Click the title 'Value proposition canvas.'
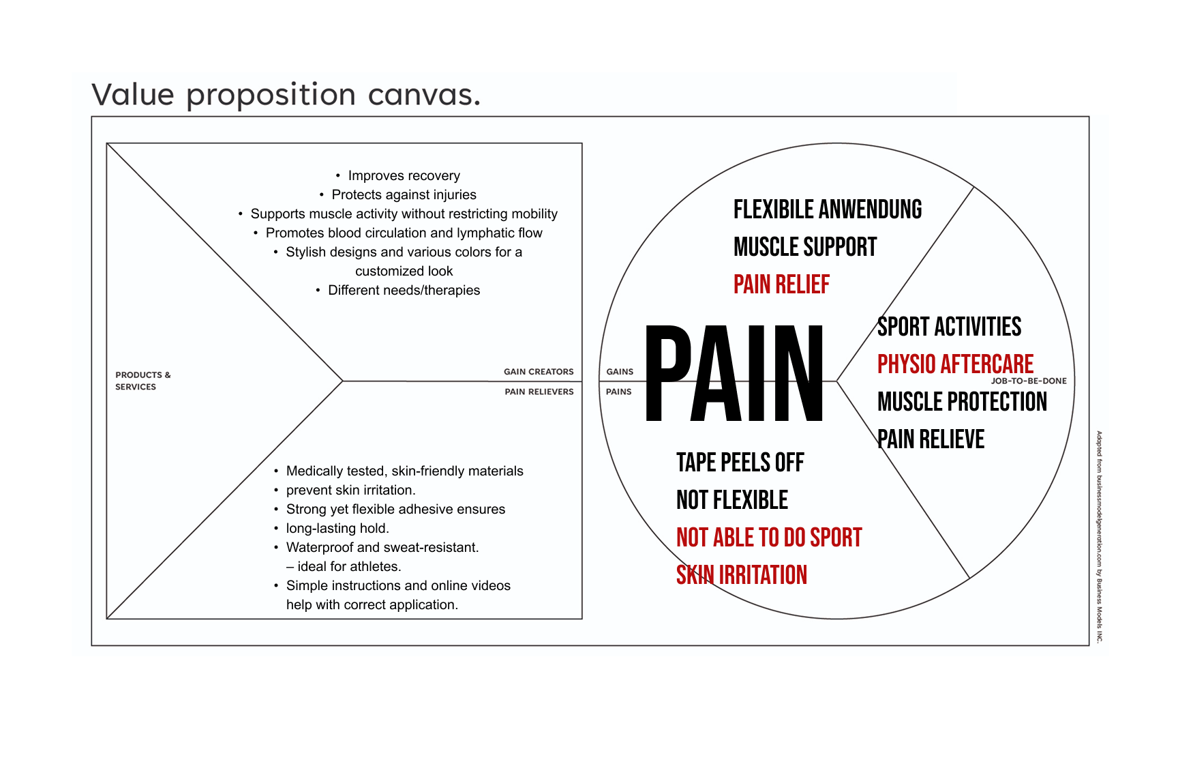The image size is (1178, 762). click(x=286, y=95)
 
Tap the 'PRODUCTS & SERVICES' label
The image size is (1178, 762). click(x=142, y=381)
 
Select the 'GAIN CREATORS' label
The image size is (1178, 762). click(x=539, y=372)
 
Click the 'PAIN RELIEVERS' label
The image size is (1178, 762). click(x=539, y=392)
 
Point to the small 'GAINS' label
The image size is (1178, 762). click(x=620, y=372)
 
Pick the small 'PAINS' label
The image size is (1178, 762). click(x=618, y=392)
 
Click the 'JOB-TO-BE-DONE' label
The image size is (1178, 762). click(x=1028, y=381)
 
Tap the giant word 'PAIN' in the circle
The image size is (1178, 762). click(x=734, y=374)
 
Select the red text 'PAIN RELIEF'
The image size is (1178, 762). click(x=781, y=284)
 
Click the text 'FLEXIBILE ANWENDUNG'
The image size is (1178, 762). click(x=827, y=209)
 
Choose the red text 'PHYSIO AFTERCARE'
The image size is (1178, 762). click(x=955, y=364)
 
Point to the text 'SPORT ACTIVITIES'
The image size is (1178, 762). click(x=949, y=327)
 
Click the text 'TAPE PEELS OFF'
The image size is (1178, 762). click(x=740, y=463)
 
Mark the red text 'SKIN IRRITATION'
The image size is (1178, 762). click(x=741, y=575)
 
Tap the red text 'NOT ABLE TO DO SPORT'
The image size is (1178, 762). click(x=769, y=538)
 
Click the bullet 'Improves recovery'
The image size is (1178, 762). click(x=404, y=176)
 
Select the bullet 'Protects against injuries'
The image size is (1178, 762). click(x=404, y=195)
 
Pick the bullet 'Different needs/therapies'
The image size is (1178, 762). click(x=404, y=291)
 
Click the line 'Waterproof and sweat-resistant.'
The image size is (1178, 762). click(x=382, y=548)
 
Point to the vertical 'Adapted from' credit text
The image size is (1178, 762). click(x=1099, y=536)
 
